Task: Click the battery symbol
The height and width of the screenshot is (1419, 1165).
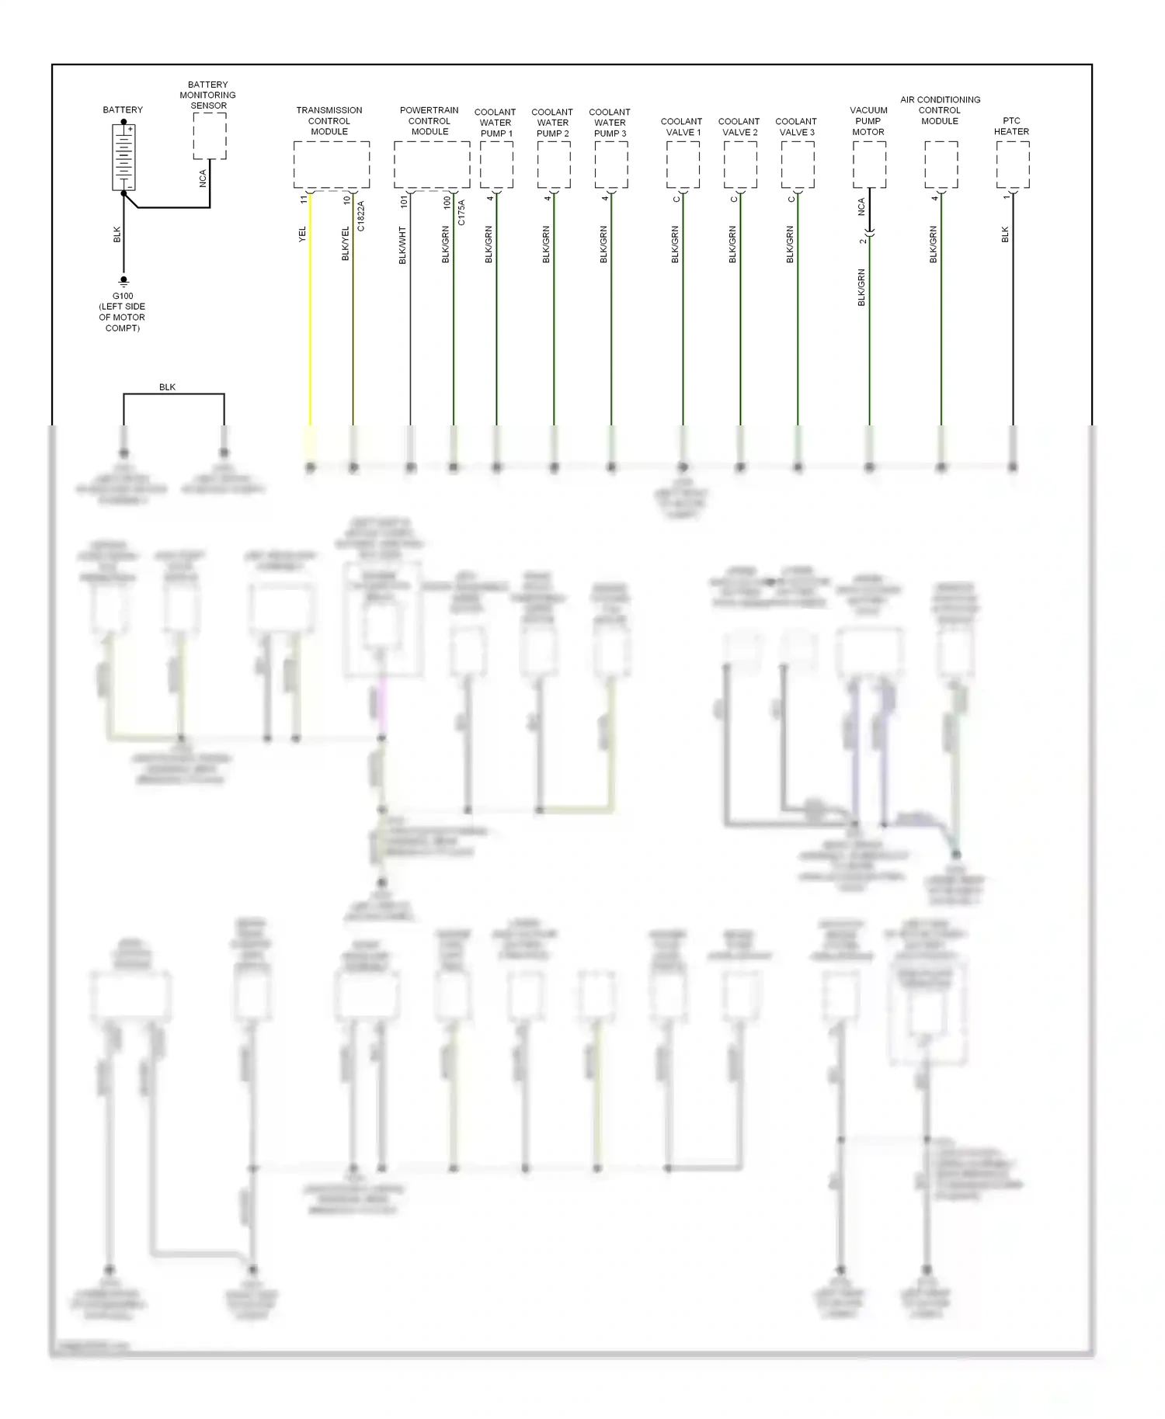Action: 123,158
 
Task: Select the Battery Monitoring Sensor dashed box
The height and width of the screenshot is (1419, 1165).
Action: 209,137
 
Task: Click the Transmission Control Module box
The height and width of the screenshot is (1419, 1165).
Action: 331,165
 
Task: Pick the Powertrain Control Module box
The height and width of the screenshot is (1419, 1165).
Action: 431,165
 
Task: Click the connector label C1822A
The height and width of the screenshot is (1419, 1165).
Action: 361,217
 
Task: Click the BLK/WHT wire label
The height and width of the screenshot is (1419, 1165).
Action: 402,245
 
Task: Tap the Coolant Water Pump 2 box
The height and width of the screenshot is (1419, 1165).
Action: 553,165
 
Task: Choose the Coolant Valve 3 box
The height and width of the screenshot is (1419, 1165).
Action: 797,165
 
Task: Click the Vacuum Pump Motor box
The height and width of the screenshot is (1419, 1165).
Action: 869,165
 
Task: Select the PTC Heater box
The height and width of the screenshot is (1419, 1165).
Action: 1012,165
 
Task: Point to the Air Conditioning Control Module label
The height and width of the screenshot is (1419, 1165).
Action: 940,110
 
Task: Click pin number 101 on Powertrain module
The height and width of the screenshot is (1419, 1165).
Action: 404,202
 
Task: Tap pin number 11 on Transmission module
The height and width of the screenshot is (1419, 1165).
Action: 304,200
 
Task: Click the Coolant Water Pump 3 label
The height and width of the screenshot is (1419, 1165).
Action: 610,123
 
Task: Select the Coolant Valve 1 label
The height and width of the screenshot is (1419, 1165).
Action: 681,127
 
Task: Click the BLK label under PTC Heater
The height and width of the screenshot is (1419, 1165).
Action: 1005,234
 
